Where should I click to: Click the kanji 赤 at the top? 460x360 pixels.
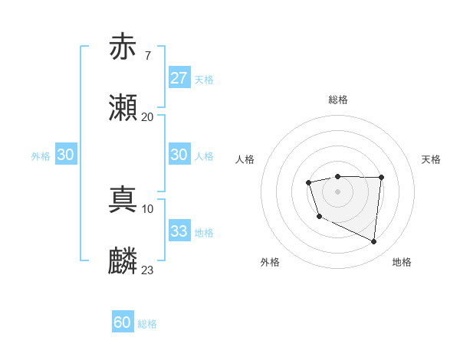click(x=123, y=47)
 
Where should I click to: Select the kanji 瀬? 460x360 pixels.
click(x=123, y=108)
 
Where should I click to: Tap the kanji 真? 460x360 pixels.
click(x=123, y=200)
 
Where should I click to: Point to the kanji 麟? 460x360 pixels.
click(x=123, y=261)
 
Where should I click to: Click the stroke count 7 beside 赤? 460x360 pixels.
click(x=147, y=56)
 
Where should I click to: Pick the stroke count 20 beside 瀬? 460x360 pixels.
click(x=147, y=116)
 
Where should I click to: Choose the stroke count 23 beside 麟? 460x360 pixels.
click(x=147, y=270)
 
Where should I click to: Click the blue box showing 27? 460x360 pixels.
click(x=179, y=78)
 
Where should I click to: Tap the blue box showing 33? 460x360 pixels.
click(x=179, y=231)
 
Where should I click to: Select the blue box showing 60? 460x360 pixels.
click(x=123, y=322)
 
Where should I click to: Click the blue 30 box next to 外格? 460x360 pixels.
click(x=66, y=155)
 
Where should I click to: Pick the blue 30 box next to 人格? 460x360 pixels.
click(x=179, y=155)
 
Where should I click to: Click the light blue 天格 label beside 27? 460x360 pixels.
click(x=204, y=79)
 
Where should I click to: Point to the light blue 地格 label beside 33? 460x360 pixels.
click(x=204, y=232)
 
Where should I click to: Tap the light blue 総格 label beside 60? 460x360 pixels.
click(x=147, y=323)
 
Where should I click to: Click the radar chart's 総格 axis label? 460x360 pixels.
click(x=337, y=100)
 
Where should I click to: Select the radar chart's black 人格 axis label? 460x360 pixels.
click(x=245, y=159)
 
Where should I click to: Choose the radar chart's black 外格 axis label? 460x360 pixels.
click(x=270, y=262)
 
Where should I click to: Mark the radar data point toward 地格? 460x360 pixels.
click(x=374, y=242)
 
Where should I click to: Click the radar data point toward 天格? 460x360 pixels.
click(x=382, y=177)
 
